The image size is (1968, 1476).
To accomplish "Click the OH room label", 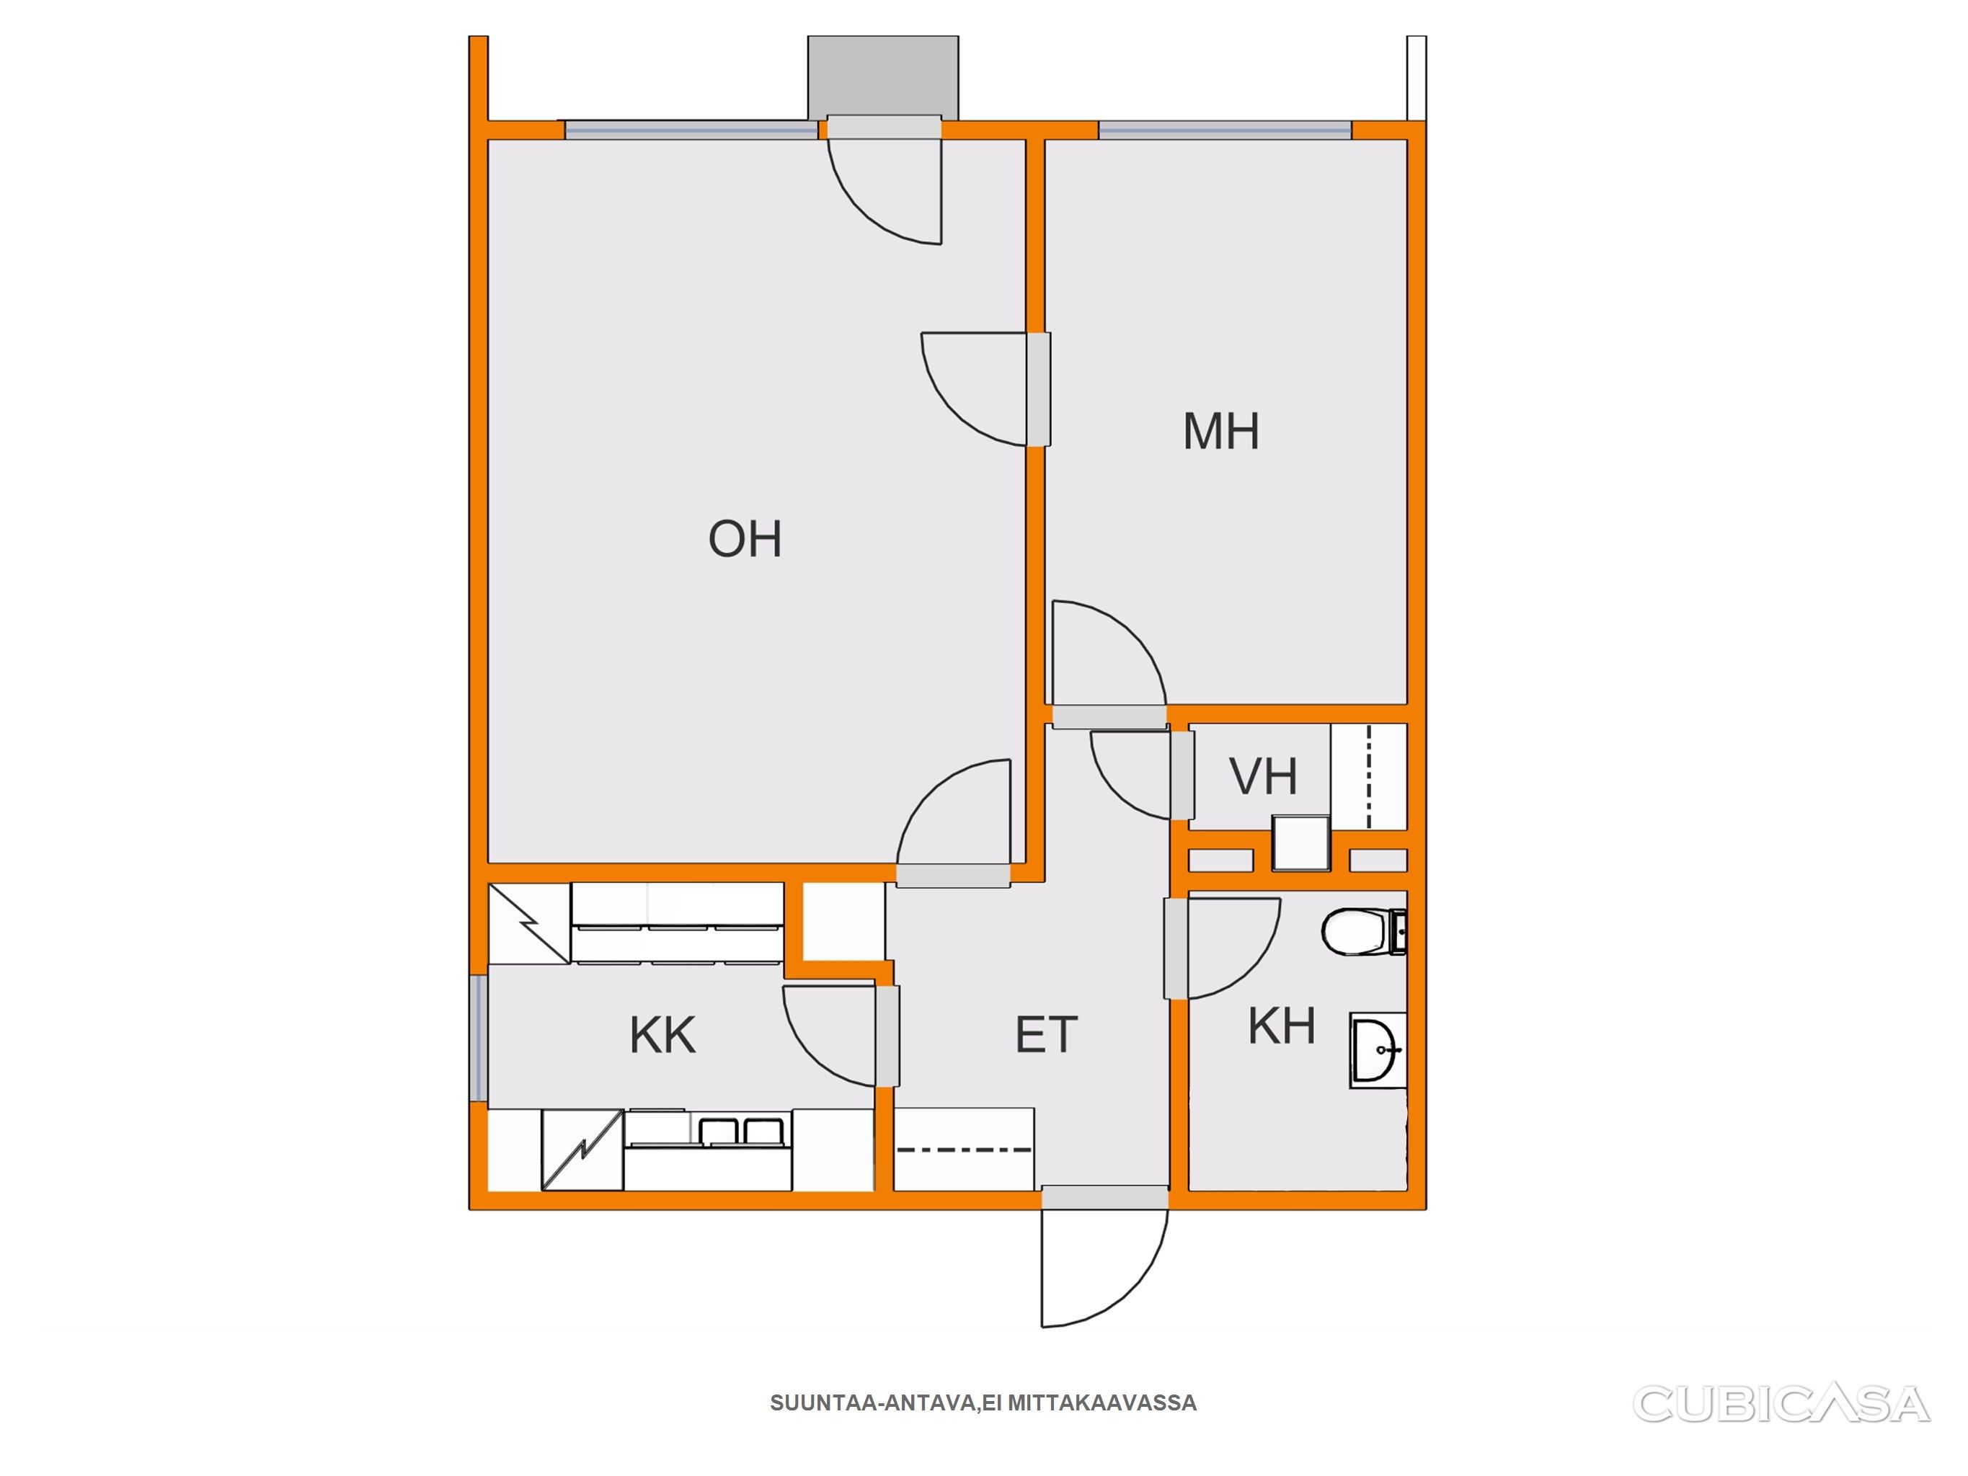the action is click(745, 539).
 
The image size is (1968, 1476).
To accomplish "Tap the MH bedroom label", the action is click(1220, 432).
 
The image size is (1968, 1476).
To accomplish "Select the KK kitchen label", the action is click(662, 1036).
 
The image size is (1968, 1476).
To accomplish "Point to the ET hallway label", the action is click(1046, 1035).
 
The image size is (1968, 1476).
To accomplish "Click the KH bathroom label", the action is click(1282, 1026).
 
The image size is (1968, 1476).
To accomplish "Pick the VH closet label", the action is click(1264, 777).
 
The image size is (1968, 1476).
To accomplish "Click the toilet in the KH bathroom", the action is click(1363, 931).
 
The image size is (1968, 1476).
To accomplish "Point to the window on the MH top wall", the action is click(1225, 130).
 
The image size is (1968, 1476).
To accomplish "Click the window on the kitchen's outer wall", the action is click(479, 1039).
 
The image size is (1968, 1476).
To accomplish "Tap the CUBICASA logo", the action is click(1782, 1405).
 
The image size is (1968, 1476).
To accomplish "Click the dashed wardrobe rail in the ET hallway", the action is click(965, 1150).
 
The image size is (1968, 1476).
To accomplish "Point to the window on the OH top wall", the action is click(691, 130).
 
